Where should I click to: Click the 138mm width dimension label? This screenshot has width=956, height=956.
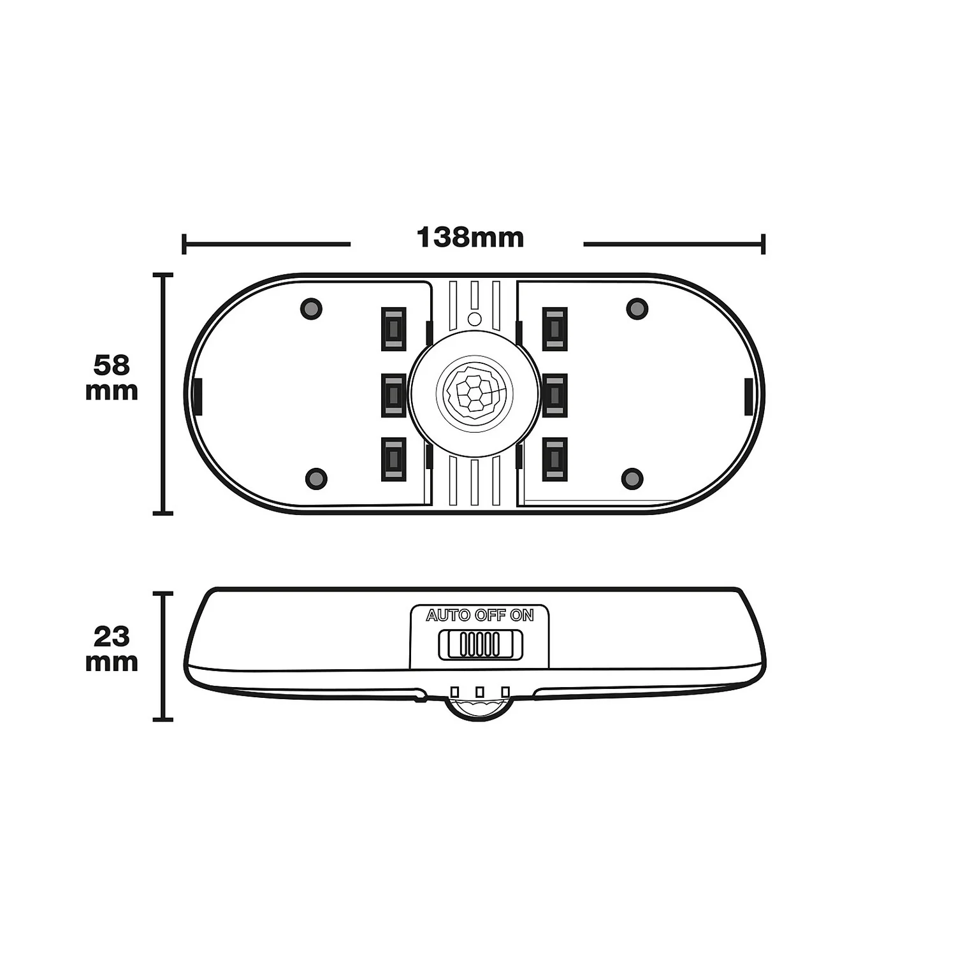point(470,238)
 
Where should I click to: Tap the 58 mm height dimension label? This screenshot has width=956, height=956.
point(112,378)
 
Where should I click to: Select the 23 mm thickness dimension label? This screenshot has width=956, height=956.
point(112,649)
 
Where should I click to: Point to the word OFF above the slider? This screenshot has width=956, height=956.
point(489,616)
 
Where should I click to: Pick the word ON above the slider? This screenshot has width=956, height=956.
point(522,616)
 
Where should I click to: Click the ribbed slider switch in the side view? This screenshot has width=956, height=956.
point(481,644)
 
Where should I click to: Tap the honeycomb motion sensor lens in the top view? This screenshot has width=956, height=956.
point(474,391)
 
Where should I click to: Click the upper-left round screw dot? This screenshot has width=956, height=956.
point(311,308)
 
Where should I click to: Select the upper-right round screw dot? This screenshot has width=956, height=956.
point(637,308)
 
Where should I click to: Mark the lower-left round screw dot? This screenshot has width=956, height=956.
point(316,478)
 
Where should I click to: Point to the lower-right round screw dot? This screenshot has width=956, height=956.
point(632,478)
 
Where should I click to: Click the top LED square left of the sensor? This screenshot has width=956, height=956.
point(394,329)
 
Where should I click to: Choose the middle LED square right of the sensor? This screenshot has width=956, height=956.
point(555,395)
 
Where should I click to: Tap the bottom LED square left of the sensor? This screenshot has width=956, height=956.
point(394,459)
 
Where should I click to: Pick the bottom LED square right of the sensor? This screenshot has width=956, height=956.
point(555,459)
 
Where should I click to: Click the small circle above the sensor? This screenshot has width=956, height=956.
point(474,318)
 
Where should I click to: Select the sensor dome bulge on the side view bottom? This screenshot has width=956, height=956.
point(479,709)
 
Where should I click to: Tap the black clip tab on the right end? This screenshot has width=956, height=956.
point(749,395)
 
